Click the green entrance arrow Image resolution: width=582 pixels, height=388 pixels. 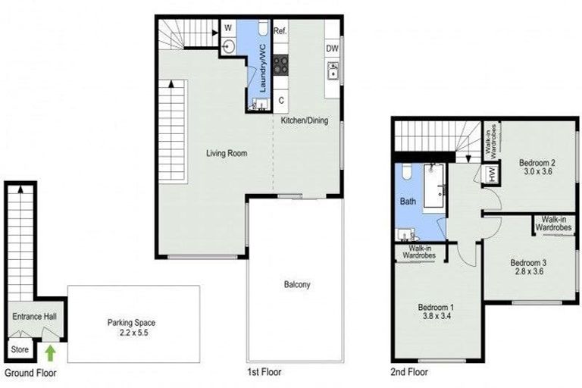coord(51,352)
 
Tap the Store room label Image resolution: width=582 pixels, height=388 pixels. coord(18,350)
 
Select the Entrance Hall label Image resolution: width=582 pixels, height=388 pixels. coord(30,316)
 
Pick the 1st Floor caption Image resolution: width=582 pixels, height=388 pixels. coord(264,372)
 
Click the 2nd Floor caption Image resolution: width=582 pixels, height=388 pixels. coord(409,372)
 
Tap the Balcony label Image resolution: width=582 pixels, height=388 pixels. coord(297,285)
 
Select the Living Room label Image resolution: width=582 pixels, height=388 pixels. coord(227,153)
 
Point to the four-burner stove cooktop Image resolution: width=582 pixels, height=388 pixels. coord(281,65)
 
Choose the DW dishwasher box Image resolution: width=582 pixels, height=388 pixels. coord(332,48)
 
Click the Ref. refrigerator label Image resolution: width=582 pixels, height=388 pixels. coord(279,32)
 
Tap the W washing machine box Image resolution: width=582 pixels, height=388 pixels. coord(227,29)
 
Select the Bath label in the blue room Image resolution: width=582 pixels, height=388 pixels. coord(408,203)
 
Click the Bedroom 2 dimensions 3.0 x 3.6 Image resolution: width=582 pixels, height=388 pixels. coord(537,173)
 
